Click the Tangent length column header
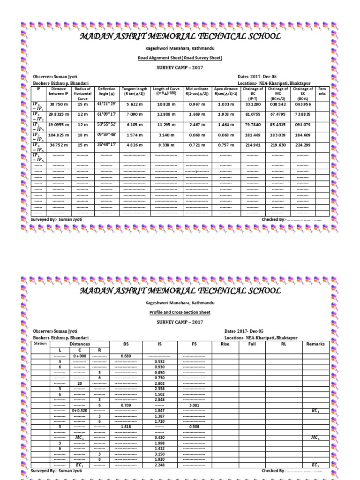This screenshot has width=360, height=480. point(135,91)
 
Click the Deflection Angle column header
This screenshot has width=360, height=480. point(106,91)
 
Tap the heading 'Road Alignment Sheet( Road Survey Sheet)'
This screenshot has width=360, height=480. point(180,58)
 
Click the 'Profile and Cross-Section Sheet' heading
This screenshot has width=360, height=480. point(180,312)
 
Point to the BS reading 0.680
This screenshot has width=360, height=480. point(126,356)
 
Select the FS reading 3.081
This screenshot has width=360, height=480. point(194,405)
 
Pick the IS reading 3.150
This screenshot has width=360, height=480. point(160,454)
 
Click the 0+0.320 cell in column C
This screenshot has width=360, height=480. point(80,411)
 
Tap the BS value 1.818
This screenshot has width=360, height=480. point(126,427)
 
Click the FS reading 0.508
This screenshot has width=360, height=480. point(194,427)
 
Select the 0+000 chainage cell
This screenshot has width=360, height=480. point(80,356)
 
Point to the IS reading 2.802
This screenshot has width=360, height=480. point(160,383)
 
